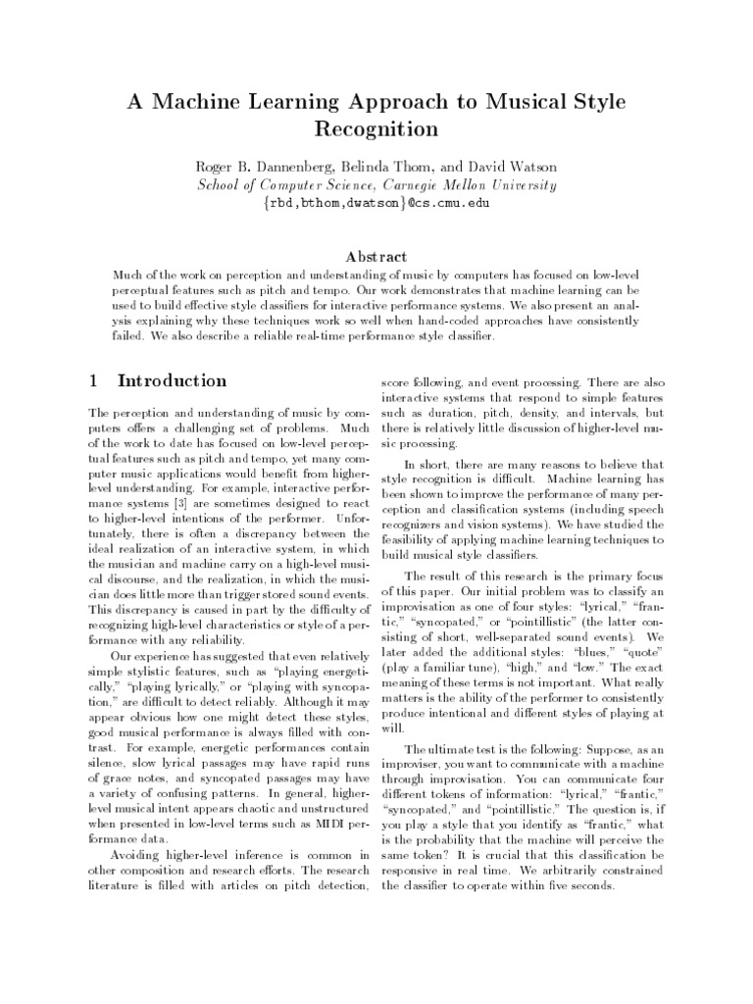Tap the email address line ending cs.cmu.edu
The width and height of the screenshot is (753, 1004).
(376, 203)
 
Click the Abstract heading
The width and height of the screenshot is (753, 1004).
(376, 254)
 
